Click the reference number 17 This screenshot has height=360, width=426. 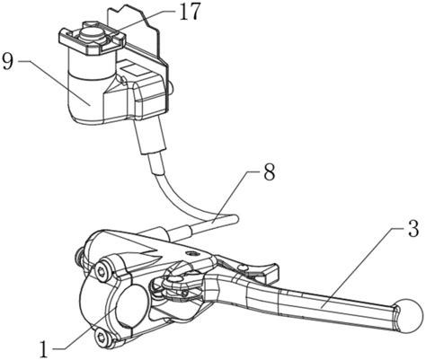(190, 12)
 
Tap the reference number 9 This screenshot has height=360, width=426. (8, 61)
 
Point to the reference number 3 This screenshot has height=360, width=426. (413, 228)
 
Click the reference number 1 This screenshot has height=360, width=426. (44, 349)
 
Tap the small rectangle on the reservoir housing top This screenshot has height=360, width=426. (132, 69)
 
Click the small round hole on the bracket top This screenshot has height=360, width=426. (191, 254)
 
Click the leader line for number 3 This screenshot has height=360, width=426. (364, 268)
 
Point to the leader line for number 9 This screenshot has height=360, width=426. (54, 83)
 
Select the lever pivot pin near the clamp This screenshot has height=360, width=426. (173, 279)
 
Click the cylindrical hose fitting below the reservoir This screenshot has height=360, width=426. (150, 136)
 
